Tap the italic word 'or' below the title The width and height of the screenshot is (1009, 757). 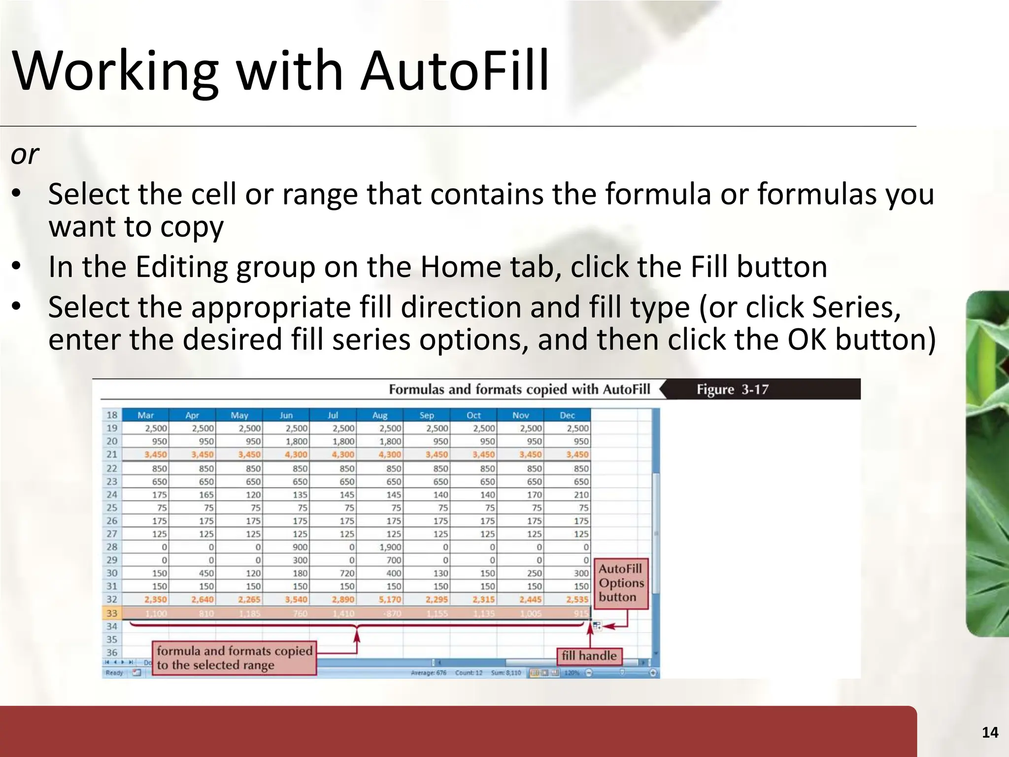click(x=25, y=154)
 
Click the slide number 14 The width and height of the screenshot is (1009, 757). click(x=990, y=733)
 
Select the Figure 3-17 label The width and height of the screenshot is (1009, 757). click(x=732, y=390)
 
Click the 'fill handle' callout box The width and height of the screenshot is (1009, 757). click(x=589, y=656)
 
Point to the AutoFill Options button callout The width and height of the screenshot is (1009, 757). click(x=621, y=583)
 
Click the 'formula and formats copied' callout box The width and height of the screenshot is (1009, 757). click(x=235, y=658)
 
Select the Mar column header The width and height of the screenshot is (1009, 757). click(x=145, y=415)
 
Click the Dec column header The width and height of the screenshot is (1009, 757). click(x=567, y=415)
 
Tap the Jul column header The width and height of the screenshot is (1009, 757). click(x=333, y=415)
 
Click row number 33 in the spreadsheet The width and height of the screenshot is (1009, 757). click(x=112, y=613)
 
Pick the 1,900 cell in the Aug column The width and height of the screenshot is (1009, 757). click(x=390, y=547)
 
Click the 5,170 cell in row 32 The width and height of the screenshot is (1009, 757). click(x=390, y=600)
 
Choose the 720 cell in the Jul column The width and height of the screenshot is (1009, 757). click(x=347, y=573)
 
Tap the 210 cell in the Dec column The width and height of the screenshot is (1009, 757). click(x=581, y=495)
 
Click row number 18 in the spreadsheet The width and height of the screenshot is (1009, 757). click(x=112, y=415)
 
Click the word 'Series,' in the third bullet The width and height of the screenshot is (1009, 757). click(x=856, y=307)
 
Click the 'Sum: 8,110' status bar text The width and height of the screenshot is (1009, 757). click(x=505, y=673)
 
